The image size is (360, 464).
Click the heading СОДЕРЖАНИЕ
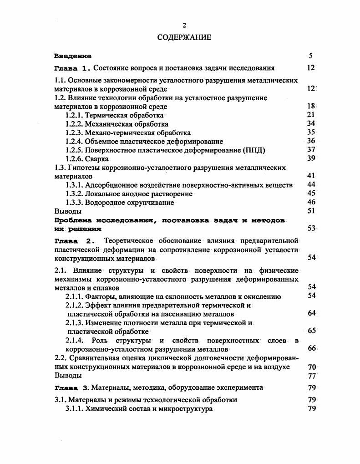pyautogui.click(x=184, y=37)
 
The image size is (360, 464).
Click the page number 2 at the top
pyautogui.click(x=184, y=25)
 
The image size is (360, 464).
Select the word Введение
pyautogui.click(x=72, y=56)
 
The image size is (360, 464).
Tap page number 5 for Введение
pyautogui.click(x=310, y=56)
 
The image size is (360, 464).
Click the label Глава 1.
pyautogui.click(x=73, y=68)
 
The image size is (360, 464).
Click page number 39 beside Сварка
pyautogui.click(x=311, y=158)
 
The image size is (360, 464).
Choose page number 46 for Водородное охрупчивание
pyautogui.click(x=311, y=202)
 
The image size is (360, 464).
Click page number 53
pyautogui.click(x=311, y=228)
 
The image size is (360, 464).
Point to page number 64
pyautogui.click(x=311, y=313)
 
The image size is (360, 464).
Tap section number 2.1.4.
pyautogui.click(x=76, y=340)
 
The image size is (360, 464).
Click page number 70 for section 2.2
pyautogui.click(x=311, y=367)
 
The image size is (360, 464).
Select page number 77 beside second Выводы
pyautogui.click(x=311, y=376)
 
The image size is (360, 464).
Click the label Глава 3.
pyautogui.click(x=72, y=388)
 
